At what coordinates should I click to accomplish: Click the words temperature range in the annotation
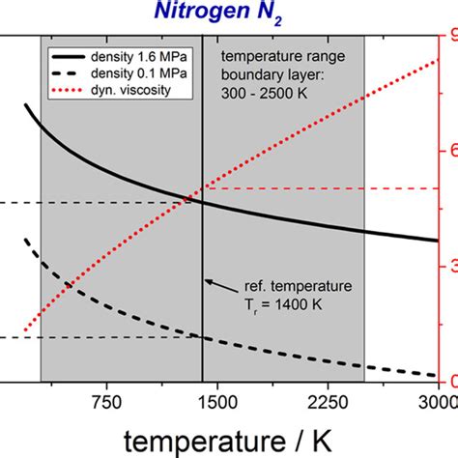click(x=272, y=56)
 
